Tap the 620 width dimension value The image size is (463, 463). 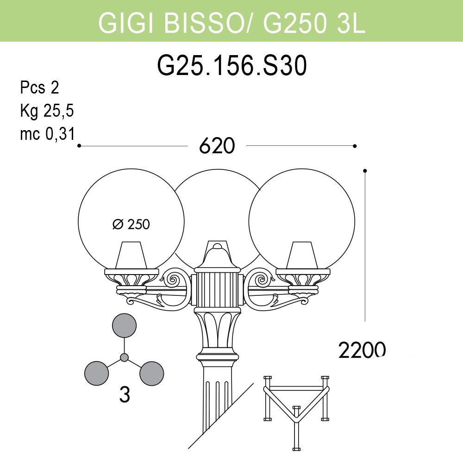(x=217, y=146)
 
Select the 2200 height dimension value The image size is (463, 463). (x=362, y=350)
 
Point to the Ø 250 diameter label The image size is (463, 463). (x=131, y=225)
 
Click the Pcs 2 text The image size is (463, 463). (x=39, y=88)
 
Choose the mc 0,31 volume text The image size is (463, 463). (x=47, y=134)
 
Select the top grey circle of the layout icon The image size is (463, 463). (x=125, y=325)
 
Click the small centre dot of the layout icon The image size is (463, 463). (x=124, y=357)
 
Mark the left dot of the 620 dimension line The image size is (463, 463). (x=79, y=146)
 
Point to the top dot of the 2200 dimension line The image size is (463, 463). (x=365, y=171)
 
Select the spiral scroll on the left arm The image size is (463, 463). (x=176, y=280)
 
